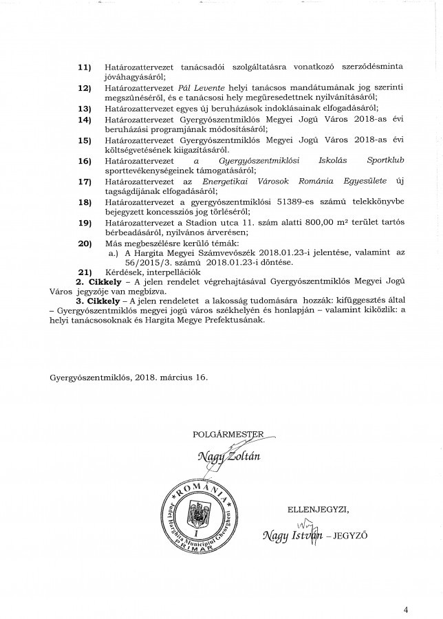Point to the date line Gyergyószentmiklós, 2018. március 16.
click(127, 376)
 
